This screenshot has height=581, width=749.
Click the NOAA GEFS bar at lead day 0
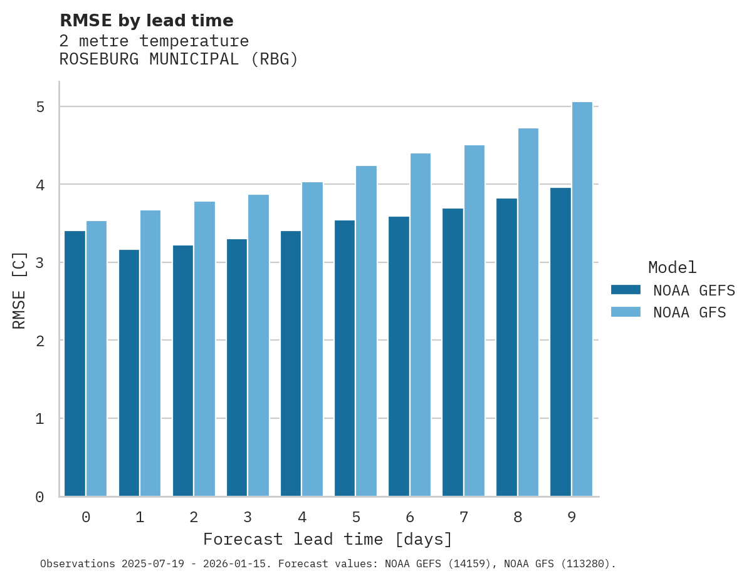pyautogui.click(x=75, y=363)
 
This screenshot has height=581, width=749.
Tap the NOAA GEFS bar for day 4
pyautogui.click(x=291, y=363)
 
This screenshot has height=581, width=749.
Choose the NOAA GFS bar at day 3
pyautogui.click(x=258, y=345)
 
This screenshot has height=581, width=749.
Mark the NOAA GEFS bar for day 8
pyautogui.click(x=506, y=347)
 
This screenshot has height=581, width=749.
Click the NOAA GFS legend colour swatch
pyautogui.click(x=626, y=312)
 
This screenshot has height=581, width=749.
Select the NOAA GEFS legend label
pyautogui.click(x=694, y=290)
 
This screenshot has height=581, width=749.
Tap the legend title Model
pyautogui.click(x=672, y=267)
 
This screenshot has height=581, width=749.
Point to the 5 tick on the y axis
pyautogui.click(x=40, y=107)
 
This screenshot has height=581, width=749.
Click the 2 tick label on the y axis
pyautogui.click(x=40, y=341)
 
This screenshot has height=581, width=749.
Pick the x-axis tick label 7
pyautogui.click(x=463, y=517)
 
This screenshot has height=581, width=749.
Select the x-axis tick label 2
pyautogui.click(x=194, y=517)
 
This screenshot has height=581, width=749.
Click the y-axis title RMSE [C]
pyautogui.click(x=19, y=290)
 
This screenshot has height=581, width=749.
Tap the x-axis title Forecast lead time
pyautogui.click(x=327, y=539)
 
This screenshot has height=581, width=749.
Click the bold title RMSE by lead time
pyautogui.click(x=146, y=21)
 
